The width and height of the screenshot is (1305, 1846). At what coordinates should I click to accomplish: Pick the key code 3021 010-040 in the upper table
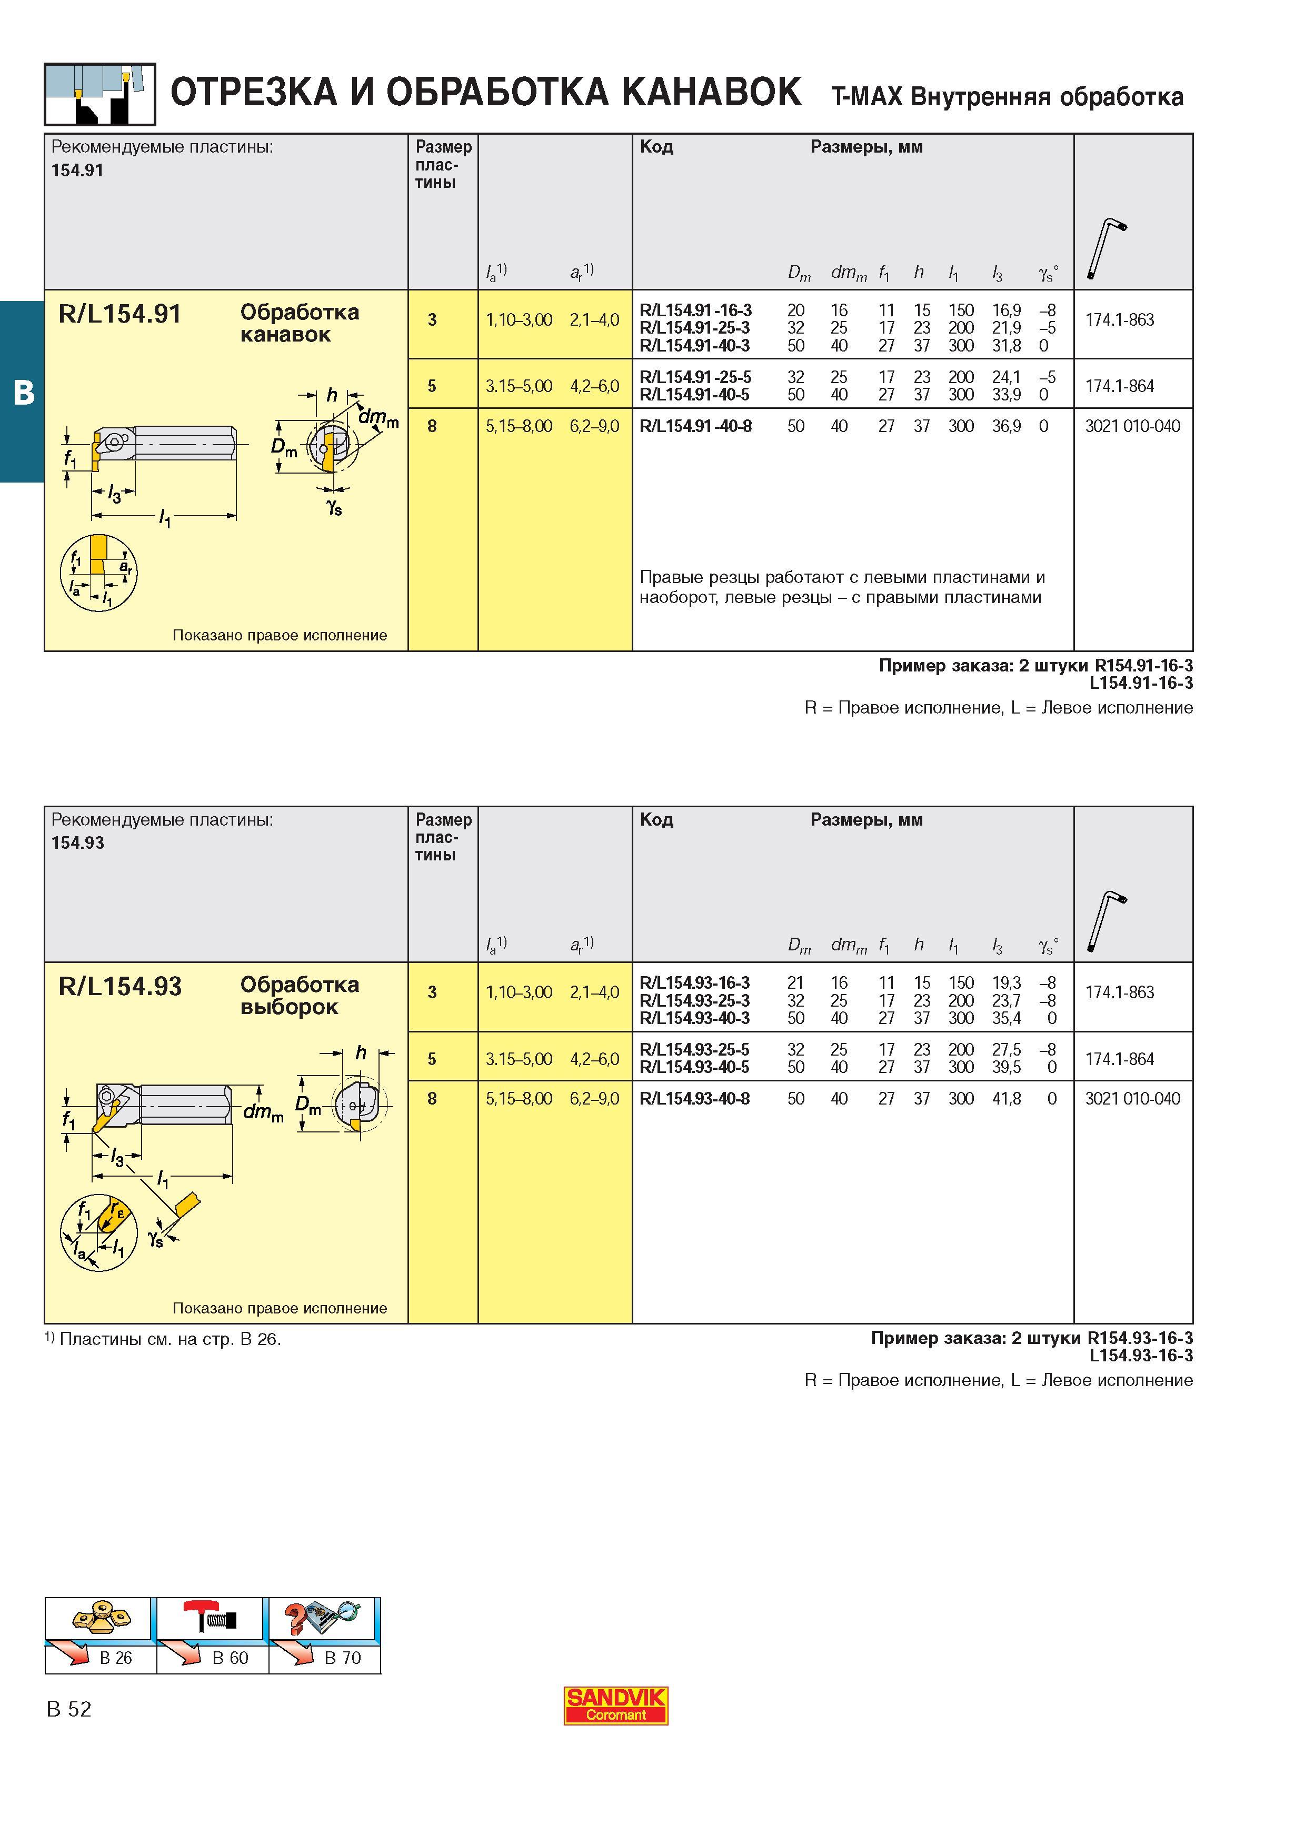pyautogui.click(x=1133, y=426)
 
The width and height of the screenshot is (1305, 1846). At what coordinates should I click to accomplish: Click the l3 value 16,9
pyautogui.click(x=1007, y=310)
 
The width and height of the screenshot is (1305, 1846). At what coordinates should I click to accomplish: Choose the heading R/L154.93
pyautogui.click(x=121, y=987)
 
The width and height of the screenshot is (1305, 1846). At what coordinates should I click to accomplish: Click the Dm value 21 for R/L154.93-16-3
pyautogui.click(x=795, y=984)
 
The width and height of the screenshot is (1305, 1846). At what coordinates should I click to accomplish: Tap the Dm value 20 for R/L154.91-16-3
pyautogui.click(x=796, y=310)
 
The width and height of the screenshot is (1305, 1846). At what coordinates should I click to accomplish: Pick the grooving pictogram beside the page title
pyautogui.click(x=99, y=94)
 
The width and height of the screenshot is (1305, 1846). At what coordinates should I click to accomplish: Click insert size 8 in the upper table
pyautogui.click(x=433, y=426)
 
